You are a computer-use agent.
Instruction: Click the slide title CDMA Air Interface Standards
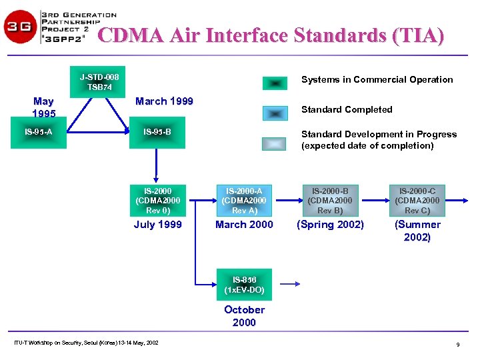(x=271, y=35)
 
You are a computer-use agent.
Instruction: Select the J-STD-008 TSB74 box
(x=100, y=82)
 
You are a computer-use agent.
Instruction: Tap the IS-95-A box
(x=38, y=131)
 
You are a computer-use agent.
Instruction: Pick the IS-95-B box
(x=157, y=131)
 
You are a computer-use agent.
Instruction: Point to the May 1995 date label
(x=43, y=107)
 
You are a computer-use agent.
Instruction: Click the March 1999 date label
(x=164, y=101)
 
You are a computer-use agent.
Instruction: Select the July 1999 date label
(x=157, y=225)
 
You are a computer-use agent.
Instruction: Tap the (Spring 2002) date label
(x=330, y=225)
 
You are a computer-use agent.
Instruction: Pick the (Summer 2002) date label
(x=417, y=231)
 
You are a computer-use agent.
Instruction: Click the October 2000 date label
(x=244, y=316)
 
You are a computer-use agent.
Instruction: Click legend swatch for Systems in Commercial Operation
(x=275, y=83)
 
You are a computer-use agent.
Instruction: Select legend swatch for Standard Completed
(x=275, y=113)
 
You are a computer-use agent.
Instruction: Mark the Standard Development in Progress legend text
(x=379, y=140)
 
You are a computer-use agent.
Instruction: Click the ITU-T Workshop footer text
(x=86, y=343)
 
